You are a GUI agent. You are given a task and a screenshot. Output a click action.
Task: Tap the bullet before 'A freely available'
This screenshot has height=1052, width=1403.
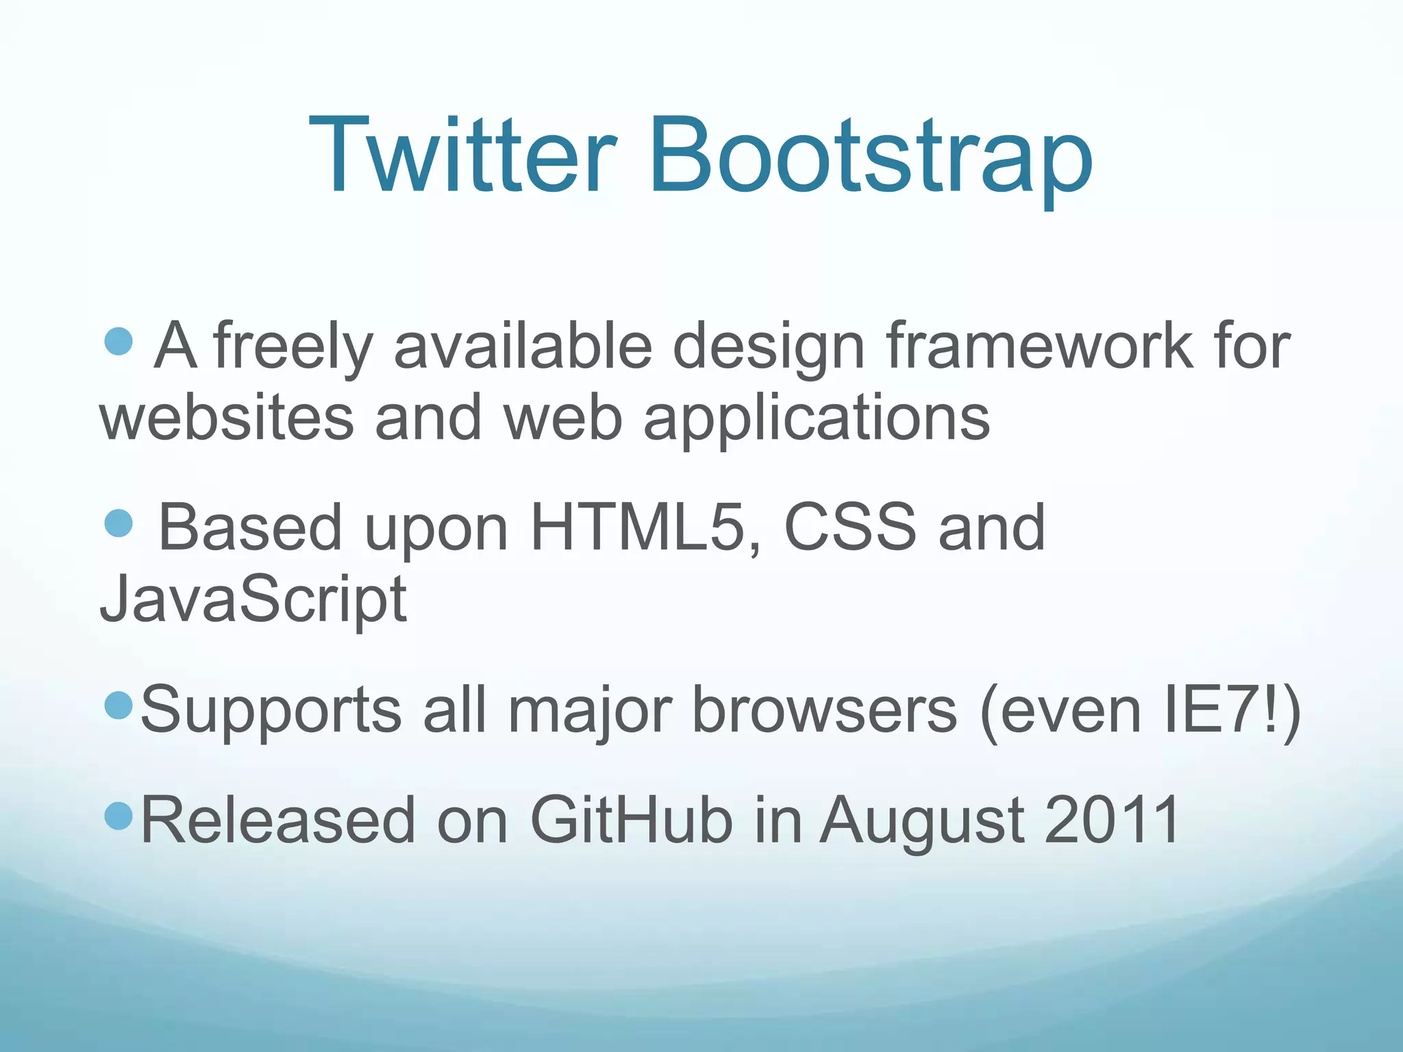pos(119,340)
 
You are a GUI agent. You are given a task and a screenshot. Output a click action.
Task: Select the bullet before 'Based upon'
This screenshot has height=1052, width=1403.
pos(119,523)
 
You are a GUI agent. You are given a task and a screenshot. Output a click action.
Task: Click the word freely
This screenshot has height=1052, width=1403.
pos(293,347)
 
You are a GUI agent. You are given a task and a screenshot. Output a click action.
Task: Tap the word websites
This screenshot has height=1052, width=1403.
pos(227,418)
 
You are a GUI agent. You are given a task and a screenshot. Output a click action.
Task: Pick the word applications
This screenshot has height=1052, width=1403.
pos(817,419)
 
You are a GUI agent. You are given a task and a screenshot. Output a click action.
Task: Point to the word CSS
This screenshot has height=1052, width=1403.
pos(849,527)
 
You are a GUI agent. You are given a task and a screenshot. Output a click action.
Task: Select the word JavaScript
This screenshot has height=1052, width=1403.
pos(253,600)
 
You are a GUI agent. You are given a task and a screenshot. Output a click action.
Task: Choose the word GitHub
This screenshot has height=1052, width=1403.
pos(631,820)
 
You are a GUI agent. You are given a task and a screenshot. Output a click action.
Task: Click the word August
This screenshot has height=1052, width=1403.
pos(922,821)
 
